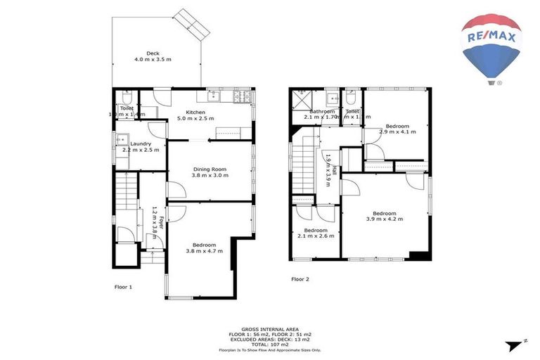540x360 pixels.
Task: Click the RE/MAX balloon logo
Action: coord(491,48)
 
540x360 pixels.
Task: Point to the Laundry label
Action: coord(140,146)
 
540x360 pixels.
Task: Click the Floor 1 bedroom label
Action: coord(204,247)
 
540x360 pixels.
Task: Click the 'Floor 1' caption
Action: coord(123,287)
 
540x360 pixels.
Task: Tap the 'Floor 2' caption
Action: coord(300,279)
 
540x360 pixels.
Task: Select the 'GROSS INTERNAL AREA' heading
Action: coord(270,328)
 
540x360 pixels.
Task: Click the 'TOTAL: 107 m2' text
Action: coord(270,344)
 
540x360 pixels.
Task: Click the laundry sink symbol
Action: coord(122,139)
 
